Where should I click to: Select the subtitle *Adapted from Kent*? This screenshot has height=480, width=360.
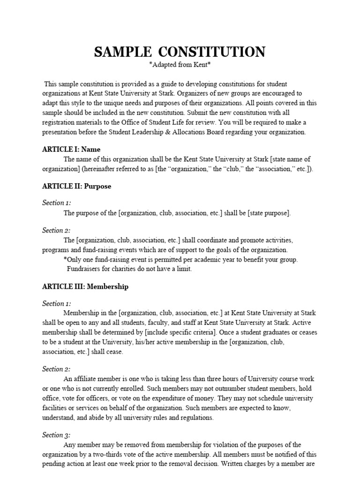[180, 65]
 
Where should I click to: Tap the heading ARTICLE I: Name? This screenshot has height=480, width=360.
[71, 150]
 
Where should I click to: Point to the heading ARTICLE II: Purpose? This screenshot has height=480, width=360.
[76, 186]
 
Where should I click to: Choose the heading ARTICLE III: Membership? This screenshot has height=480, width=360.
[85, 286]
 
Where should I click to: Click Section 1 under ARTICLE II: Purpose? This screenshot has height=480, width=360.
[56, 203]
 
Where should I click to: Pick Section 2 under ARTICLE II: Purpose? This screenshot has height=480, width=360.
[56, 231]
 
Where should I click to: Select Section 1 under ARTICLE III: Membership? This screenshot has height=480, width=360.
[56, 303]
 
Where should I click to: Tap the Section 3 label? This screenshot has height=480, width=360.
[56, 435]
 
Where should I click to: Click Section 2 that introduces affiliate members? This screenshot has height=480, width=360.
[56, 369]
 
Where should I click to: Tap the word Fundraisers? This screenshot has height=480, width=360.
[85, 269]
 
